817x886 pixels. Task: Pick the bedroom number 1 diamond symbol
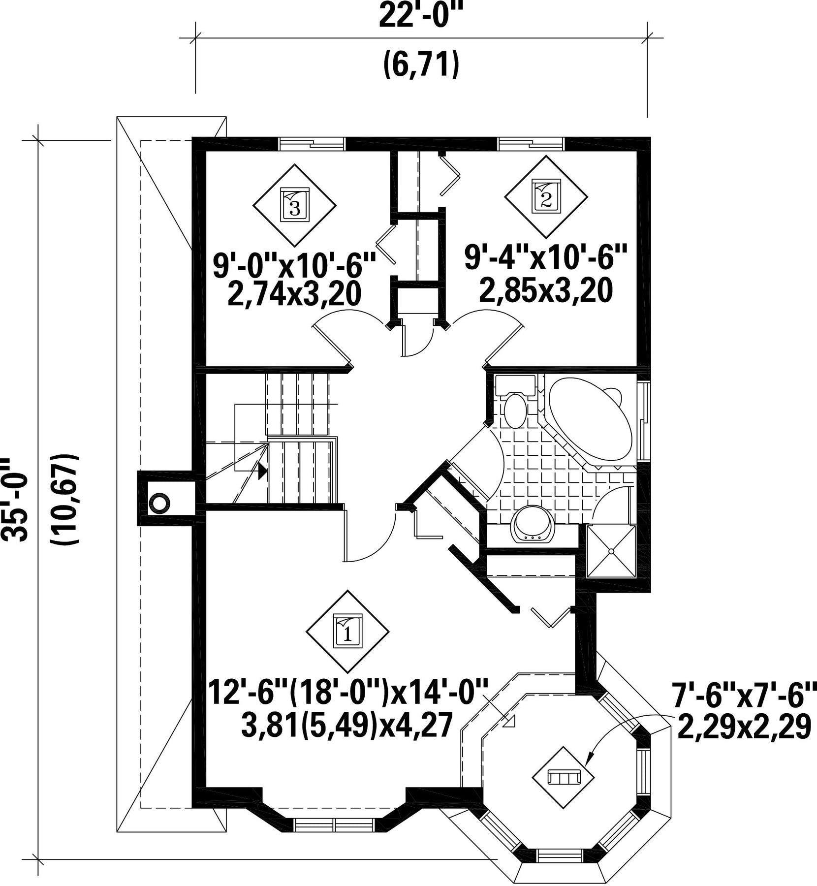[x=347, y=631]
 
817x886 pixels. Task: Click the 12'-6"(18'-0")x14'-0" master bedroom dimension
[x=348, y=691]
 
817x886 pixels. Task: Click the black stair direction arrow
[x=262, y=471]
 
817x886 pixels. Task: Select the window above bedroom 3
[x=311, y=143]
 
